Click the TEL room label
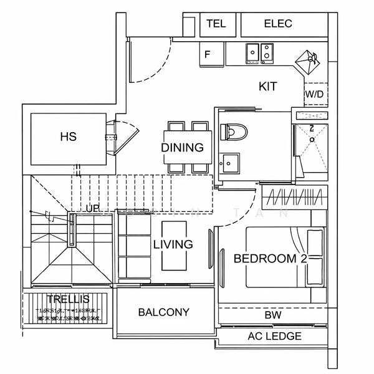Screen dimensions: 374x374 tap(216, 24)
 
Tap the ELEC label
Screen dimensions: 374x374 tap(278, 24)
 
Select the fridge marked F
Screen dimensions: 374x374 tap(208, 54)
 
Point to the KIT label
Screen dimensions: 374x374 tap(267, 87)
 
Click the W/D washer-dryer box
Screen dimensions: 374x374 tap(314, 93)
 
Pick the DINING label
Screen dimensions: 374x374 tap(182, 148)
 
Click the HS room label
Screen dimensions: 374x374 tap(69, 137)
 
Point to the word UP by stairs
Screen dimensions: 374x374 tap(93, 208)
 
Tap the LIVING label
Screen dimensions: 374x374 tap(173, 244)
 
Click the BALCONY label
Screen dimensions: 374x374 tap(164, 312)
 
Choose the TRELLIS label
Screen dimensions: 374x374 tap(68, 300)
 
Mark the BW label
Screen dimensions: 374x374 tap(272, 315)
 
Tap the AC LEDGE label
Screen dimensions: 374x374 tap(274, 337)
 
